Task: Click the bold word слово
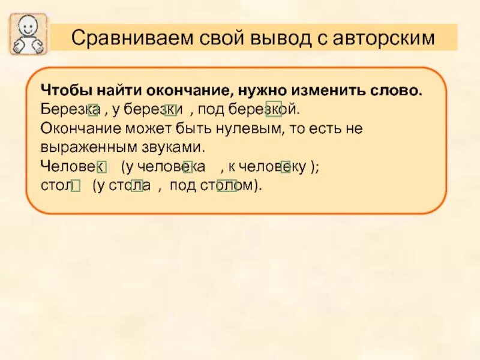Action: [398, 91]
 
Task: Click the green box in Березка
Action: [94, 109]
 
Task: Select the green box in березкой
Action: [274, 109]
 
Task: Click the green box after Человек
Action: [101, 167]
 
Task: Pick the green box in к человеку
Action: [286, 167]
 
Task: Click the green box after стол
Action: [76, 187]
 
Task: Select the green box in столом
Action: [227, 186]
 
